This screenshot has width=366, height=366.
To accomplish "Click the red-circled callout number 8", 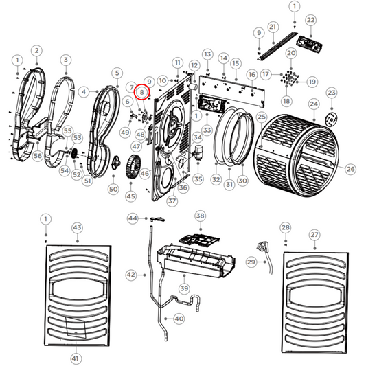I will click(x=141, y=91).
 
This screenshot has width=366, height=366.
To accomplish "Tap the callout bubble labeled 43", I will click(x=77, y=227).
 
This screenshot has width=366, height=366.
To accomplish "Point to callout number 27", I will click(x=314, y=235).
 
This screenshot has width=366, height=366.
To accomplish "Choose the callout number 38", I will click(x=200, y=216).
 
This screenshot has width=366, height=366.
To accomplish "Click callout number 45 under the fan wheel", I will click(x=130, y=197).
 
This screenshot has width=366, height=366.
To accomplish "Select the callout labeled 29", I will click(x=251, y=262).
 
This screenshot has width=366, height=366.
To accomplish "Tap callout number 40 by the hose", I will click(x=179, y=319).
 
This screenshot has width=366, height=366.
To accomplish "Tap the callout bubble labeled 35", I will click(x=198, y=179).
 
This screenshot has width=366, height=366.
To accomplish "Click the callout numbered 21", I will click(x=272, y=27).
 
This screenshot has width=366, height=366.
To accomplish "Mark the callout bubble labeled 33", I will click(x=206, y=129).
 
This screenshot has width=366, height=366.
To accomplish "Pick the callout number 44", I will click(x=133, y=218).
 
